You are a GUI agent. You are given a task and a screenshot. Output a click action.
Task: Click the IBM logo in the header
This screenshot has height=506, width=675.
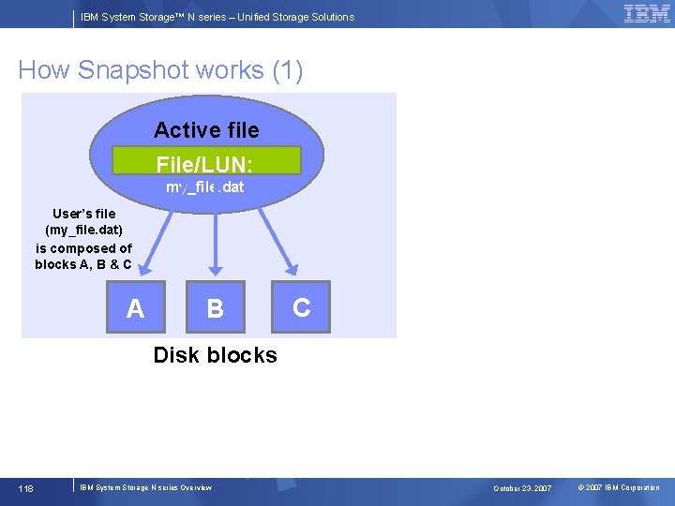647,14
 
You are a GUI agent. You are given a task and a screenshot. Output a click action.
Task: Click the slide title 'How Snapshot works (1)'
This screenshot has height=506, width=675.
160,70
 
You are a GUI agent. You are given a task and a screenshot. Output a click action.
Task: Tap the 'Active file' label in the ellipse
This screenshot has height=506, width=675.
206,129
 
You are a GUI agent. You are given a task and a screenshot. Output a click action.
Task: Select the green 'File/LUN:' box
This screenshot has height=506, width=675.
206,161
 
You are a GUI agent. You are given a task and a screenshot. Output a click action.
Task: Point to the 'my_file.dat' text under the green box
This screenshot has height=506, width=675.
205,187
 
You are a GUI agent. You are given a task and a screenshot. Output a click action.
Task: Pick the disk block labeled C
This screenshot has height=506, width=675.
301,306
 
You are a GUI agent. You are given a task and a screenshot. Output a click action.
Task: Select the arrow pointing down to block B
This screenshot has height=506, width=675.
217,239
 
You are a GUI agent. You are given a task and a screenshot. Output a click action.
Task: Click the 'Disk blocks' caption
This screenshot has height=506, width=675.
215,355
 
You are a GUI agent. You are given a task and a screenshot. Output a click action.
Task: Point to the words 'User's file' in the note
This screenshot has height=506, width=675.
84,214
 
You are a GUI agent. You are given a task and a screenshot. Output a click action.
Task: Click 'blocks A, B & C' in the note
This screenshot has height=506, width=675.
83,264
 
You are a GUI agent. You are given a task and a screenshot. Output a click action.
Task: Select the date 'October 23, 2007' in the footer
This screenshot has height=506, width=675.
523,488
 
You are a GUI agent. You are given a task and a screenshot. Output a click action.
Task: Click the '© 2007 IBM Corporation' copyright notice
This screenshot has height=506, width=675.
619,487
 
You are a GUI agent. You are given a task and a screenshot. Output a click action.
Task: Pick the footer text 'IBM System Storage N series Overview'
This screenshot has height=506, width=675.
146,487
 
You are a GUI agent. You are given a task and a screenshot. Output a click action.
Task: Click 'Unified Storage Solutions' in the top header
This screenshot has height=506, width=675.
296,17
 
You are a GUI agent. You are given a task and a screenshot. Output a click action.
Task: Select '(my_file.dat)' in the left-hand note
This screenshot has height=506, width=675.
84,231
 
